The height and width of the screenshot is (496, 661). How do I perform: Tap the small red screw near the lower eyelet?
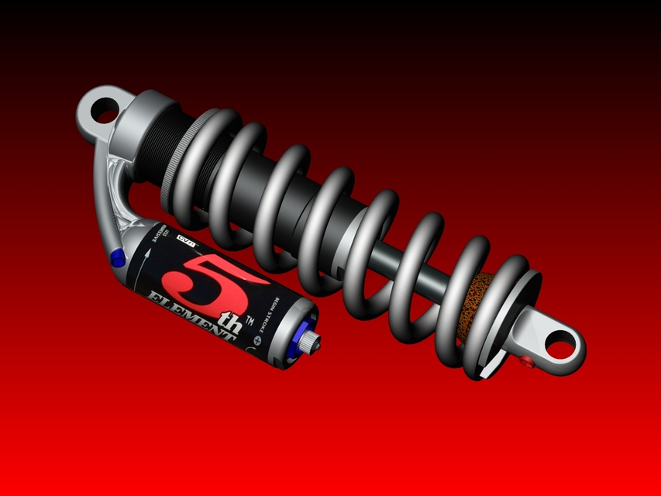(x=528, y=362)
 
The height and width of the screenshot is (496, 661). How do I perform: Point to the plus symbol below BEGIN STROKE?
(x=258, y=339)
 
